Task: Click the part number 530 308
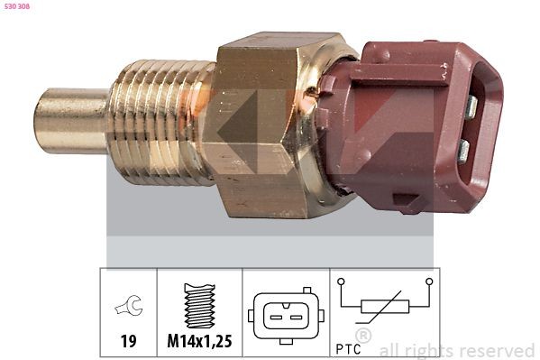pyautogui.click(x=17, y=6)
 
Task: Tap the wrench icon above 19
pyautogui.click(x=129, y=309)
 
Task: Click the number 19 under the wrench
pyautogui.click(x=129, y=341)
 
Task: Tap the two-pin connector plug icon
pyautogui.click(x=285, y=316)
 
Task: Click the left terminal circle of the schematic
pyautogui.click(x=341, y=282)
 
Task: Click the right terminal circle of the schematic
pyautogui.click(x=430, y=282)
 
